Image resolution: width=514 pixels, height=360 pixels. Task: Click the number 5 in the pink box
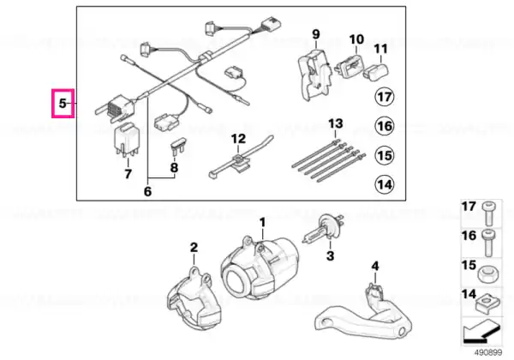tap(63, 104)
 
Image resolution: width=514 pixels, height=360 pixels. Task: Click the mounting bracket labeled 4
tap(364, 315)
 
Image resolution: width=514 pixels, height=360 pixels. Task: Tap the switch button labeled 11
tap(375, 71)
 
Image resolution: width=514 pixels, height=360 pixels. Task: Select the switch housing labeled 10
tap(350, 65)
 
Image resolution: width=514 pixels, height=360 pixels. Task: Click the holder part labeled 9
tap(314, 74)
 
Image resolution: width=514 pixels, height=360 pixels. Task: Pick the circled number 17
tap(385, 97)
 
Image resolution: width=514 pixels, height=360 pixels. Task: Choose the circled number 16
tap(385, 126)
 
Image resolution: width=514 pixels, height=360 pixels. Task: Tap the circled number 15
tap(385, 155)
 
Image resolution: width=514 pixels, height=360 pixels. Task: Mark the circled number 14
tap(385, 184)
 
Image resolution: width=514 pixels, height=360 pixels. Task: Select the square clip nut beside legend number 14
tap(487, 303)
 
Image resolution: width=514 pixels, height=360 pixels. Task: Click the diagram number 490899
tap(488, 353)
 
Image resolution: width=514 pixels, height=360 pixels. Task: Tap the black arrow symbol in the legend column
tap(481, 331)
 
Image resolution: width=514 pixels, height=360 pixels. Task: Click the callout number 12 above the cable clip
tap(238, 139)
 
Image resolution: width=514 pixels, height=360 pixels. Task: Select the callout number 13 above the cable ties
tap(335, 123)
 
